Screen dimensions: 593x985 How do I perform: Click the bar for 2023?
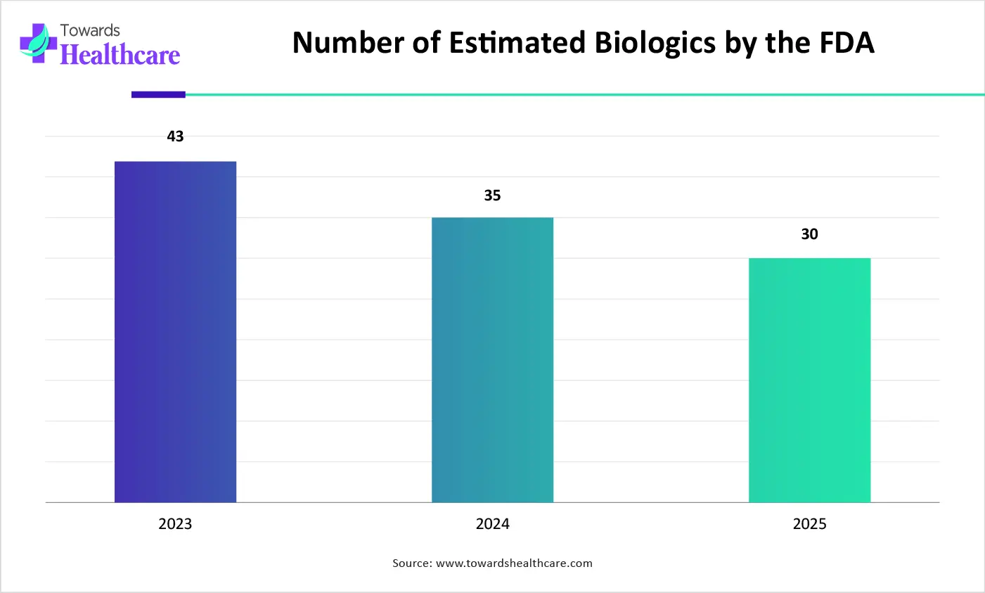pos(175,331)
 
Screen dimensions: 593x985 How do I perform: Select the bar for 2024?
pos(492,359)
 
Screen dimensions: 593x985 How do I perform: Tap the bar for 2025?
pos(809,380)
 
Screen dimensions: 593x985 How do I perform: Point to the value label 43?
pos(175,136)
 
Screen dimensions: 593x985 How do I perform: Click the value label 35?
pos(492,196)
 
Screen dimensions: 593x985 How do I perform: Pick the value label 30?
pos(809,234)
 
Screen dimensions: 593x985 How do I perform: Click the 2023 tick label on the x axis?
pos(175,524)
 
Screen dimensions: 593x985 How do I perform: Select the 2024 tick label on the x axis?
pos(492,524)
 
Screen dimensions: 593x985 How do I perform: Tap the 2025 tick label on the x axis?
pos(809,524)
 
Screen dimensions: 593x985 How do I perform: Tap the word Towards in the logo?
pos(90,30)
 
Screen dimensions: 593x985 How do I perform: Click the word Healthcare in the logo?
pos(120,55)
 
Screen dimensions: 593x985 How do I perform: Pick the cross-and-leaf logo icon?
pos(38,43)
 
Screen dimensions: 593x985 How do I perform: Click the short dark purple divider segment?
pos(158,94)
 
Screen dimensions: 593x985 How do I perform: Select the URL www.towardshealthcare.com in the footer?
pos(514,563)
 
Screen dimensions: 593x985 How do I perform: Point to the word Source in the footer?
pos(411,563)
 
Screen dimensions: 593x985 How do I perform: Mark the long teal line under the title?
pos(584,94)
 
